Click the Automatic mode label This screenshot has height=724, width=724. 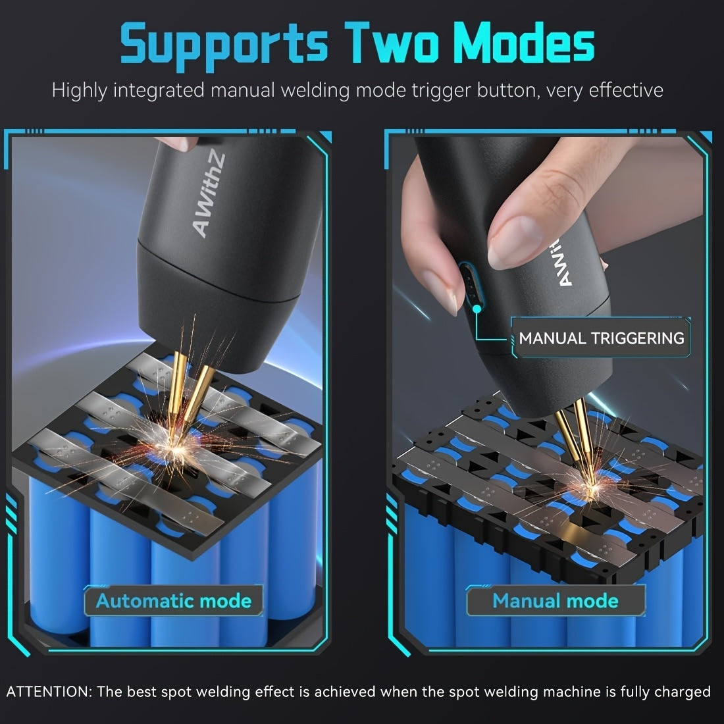(x=174, y=601)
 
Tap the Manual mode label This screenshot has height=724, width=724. (x=556, y=601)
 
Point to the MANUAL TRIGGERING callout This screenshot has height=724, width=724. (x=601, y=338)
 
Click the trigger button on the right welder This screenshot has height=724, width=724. (x=471, y=287)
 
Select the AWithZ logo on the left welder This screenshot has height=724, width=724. (x=209, y=195)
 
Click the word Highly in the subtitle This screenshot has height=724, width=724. (x=80, y=91)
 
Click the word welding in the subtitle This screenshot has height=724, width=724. (x=315, y=91)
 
